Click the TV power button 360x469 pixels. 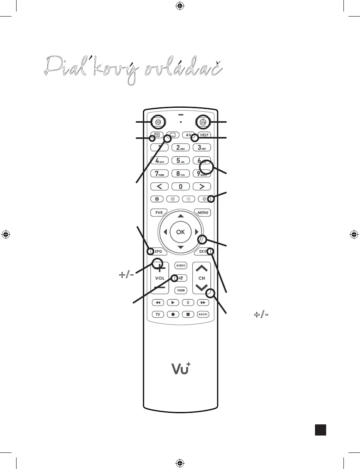tap(158, 122)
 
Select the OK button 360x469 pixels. tap(180, 232)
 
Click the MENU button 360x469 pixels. tap(203, 212)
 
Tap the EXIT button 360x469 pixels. tap(203, 252)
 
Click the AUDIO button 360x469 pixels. tap(180, 265)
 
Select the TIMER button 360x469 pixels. tap(180, 290)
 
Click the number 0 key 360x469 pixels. tap(180, 187)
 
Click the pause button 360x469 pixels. tap(188, 302)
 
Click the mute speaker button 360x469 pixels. tap(181, 278)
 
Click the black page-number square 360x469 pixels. tap(321, 430)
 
